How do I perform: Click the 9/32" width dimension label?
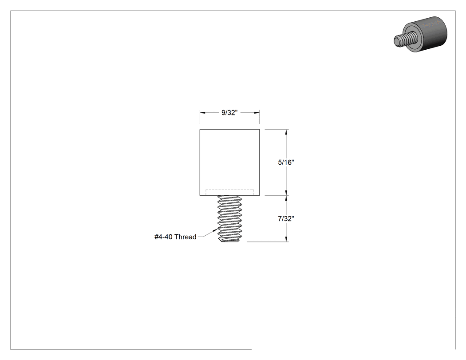click(229, 113)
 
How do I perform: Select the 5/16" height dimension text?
click(286, 162)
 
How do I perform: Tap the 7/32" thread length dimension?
click(286, 219)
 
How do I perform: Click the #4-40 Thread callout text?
click(175, 237)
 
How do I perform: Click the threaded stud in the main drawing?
click(229, 219)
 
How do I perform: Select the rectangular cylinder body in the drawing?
click(229, 162)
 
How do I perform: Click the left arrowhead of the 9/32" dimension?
click(203, 113)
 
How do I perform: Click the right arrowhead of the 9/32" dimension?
click(257, 113)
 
